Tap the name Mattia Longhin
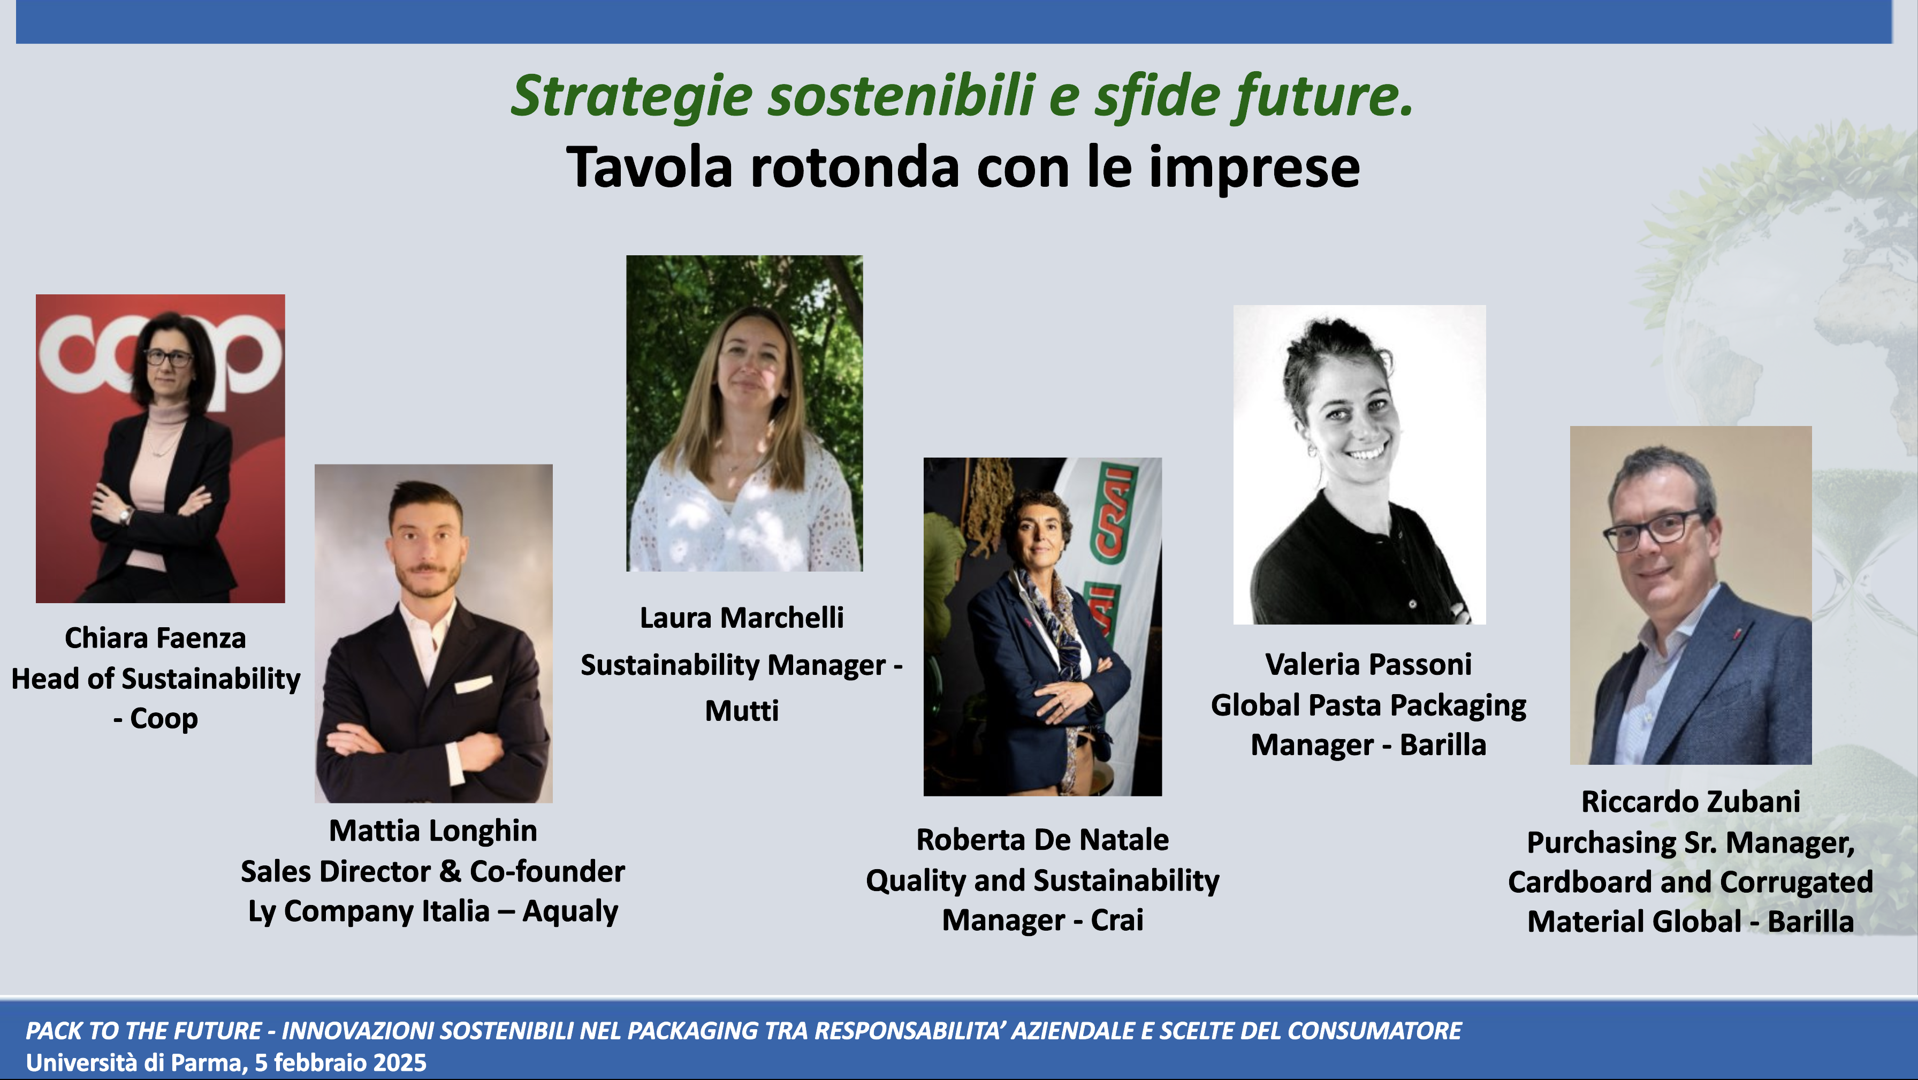point(432,831)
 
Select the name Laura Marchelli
point(742,618)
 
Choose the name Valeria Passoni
point(1368,664)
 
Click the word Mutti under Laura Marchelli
point(742,711)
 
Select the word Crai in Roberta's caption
point(1117,921)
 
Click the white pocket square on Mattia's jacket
point(474,684)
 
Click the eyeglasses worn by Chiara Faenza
point(168,358)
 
